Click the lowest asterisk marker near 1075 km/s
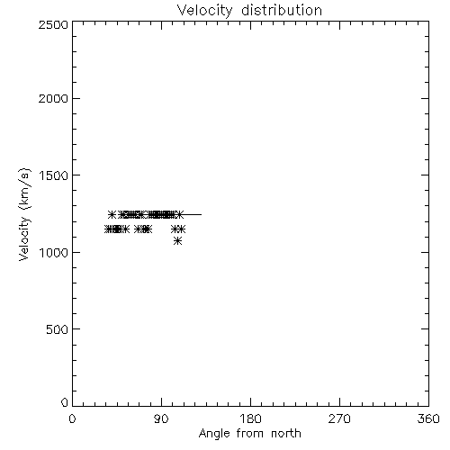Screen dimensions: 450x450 click(177, 240)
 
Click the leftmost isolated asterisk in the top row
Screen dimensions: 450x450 click(112, 214)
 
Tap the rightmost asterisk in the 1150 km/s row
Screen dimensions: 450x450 click(181, 229)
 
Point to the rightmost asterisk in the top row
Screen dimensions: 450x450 click(179, 214)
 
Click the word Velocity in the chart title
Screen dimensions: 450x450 click(204, 11)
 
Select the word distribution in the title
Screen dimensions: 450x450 click(282, 10)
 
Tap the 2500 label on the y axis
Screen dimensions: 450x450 click(53, 24)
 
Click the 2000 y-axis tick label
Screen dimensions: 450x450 click(53, 98)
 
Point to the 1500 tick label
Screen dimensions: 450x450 click(54, 175)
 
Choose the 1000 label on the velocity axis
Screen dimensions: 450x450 click(54, 253)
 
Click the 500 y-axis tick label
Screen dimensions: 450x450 click(58, 329)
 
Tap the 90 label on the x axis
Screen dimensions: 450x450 click(161, 418)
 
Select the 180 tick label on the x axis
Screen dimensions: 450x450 click(250, 418)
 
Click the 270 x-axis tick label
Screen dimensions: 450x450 click(339, 418)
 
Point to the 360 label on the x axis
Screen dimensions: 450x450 click(428, 418)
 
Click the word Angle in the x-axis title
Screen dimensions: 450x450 click(214, 434)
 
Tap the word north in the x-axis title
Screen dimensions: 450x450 click(286, 433)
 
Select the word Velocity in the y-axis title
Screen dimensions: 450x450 click(24, 238)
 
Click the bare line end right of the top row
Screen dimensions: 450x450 click(201, 214)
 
